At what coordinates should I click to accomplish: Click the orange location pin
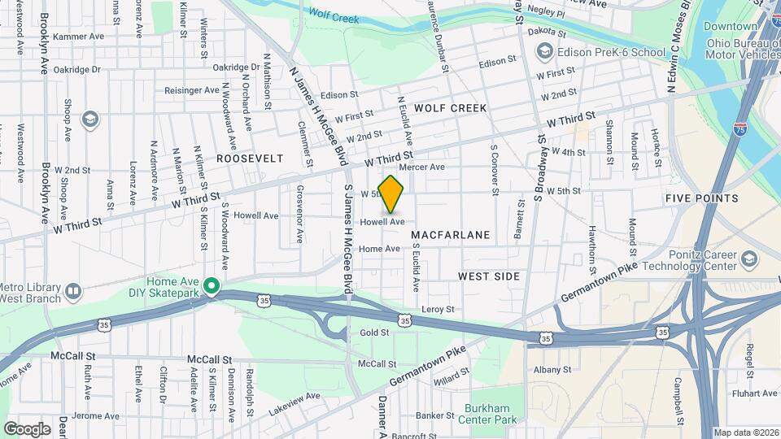coord(391,193)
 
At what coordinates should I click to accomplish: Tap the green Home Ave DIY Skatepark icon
coord(212,285)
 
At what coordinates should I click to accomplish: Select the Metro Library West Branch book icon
coord(73,290)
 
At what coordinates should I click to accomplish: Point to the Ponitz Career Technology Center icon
coord(748,259)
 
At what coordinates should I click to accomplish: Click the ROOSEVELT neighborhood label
coord(250,158)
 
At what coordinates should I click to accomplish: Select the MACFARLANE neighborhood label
coord(451,235)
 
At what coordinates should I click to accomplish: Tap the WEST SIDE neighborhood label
coord(488,276)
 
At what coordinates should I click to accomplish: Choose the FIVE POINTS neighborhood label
coord(701,198)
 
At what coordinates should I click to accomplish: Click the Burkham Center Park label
coord(491,415)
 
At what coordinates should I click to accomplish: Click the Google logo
coord(27,428)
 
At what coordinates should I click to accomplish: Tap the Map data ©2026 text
coord(746,432)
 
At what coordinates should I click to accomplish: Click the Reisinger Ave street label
coord(192,89)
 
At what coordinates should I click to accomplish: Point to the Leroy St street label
coord(438,310)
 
